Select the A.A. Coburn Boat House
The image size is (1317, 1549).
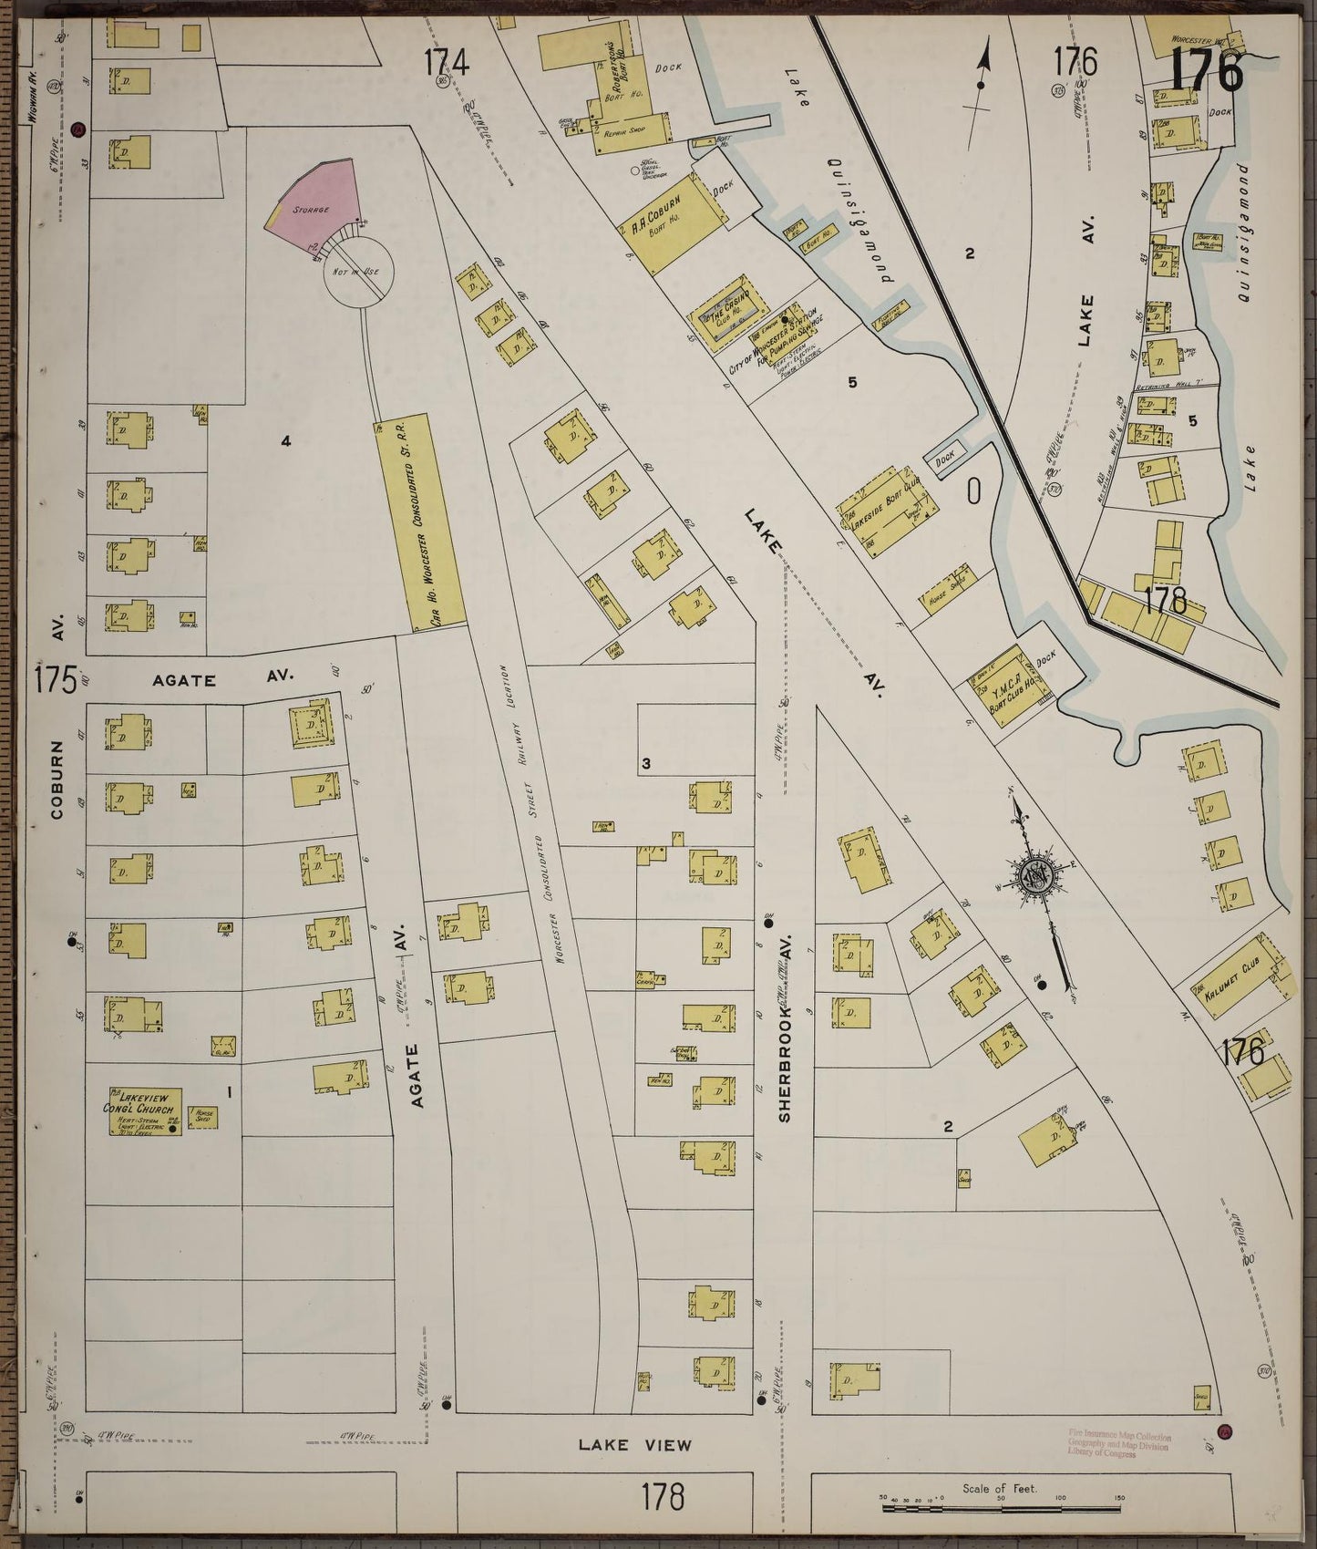click(x=673, y=221)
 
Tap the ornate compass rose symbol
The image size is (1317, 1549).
click(x=1036, y=875)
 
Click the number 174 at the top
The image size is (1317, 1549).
click(x=447, y=64)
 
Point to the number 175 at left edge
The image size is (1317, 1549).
click(x=55, y=680)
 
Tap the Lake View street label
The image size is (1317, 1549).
click(x=635, y=1444)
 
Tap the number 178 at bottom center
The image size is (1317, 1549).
click(x=664, y=1497)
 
